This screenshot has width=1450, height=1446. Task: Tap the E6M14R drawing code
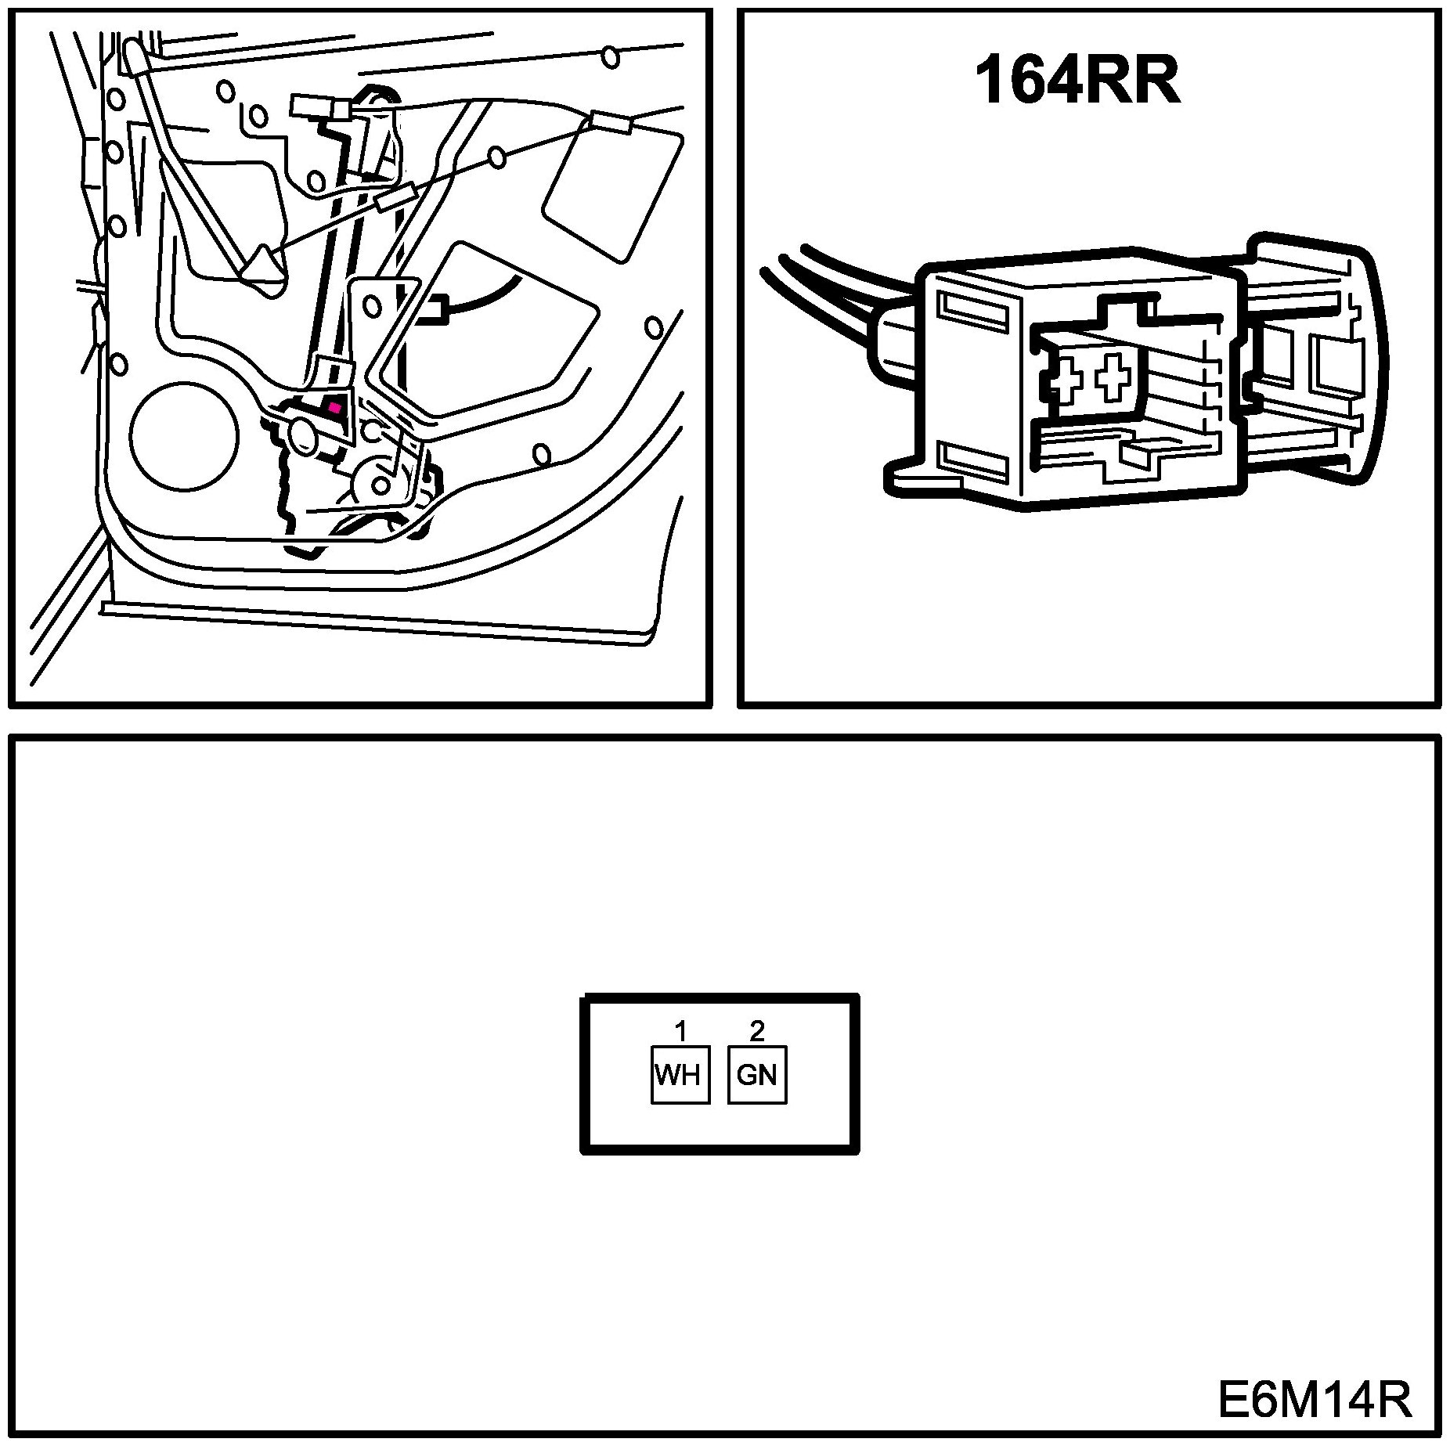1315,1401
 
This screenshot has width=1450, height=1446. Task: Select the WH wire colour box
680,1075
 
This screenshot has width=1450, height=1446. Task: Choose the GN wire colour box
756,1075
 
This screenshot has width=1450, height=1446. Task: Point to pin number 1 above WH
680,1033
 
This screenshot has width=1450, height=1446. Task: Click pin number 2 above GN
756,1032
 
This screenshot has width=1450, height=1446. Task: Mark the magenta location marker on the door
335,407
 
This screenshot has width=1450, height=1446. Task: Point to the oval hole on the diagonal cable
497,159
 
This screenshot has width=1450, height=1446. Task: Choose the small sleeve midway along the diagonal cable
395,198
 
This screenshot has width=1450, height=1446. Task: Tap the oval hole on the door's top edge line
610,57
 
